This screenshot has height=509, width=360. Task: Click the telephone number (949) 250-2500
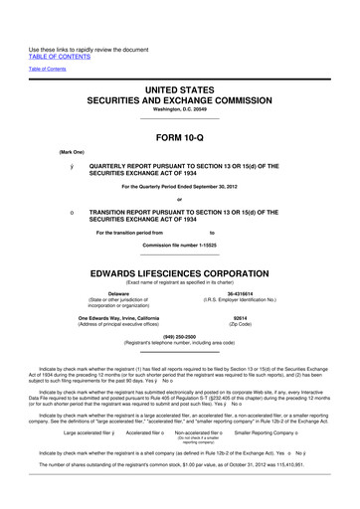coord(179,335)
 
